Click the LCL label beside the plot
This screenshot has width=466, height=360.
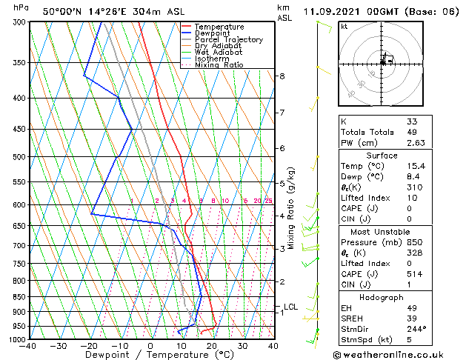pyautogui.click(x=290, y=307)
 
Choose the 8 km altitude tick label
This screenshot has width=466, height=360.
pyautogui.click(x=282, y=76)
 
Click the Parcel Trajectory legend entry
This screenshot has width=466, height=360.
pyautogui.click(x=228, y=40)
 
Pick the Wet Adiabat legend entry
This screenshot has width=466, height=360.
pyautogui.click(x=219, y=52)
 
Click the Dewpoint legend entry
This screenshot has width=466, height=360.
pyautogui.click(x=213, y=33)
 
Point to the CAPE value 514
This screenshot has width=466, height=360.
pyautogui.click(x=413, y=275)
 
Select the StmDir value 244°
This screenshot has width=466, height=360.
pyautogui.click(x=416, y=330)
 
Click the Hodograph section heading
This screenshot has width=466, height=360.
pyautogui.click(x=382, y=297)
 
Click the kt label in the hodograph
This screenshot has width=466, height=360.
pyautogui.click(x=344, y=26)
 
